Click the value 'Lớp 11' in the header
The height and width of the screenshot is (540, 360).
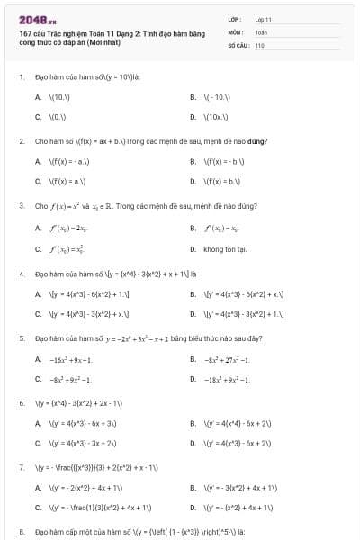263,18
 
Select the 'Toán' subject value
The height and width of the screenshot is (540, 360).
261,31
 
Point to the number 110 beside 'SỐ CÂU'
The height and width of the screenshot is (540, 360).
259,44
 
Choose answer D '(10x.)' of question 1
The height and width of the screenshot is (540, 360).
217,117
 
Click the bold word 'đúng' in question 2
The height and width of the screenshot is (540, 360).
259,141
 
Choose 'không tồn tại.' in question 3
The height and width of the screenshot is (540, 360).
225,249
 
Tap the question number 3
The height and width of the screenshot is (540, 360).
21,206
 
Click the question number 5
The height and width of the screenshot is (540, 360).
21,338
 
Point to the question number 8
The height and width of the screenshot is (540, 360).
21,533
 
